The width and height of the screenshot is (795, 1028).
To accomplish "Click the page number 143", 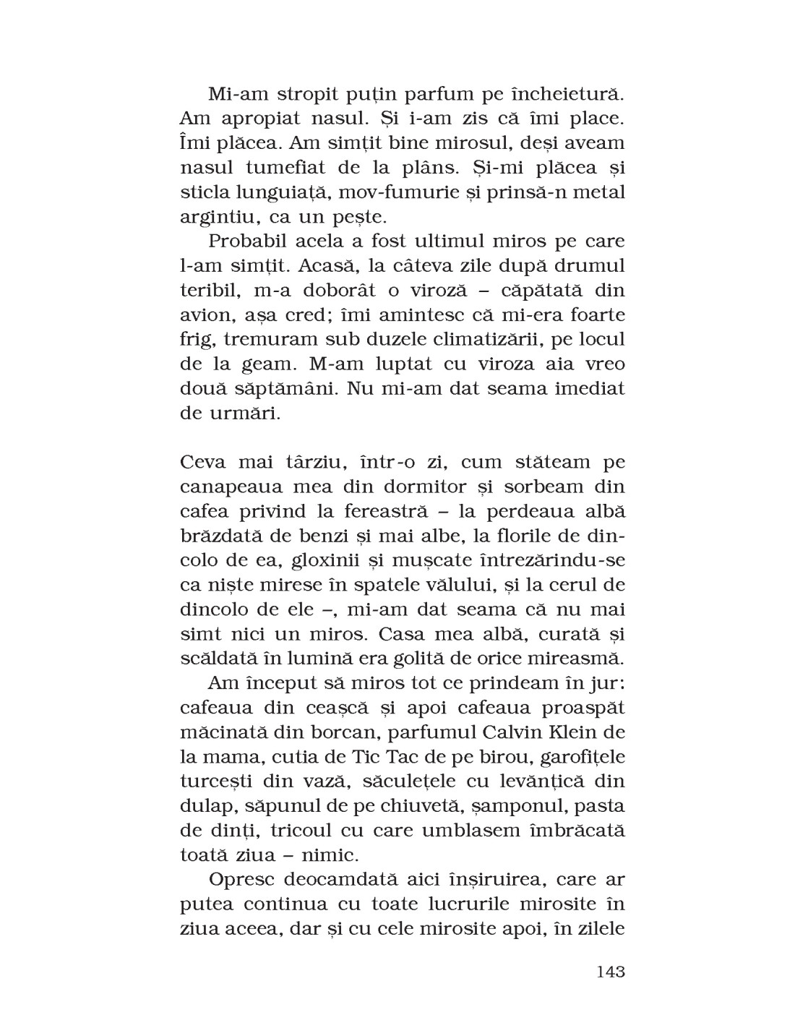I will coord(610,972).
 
